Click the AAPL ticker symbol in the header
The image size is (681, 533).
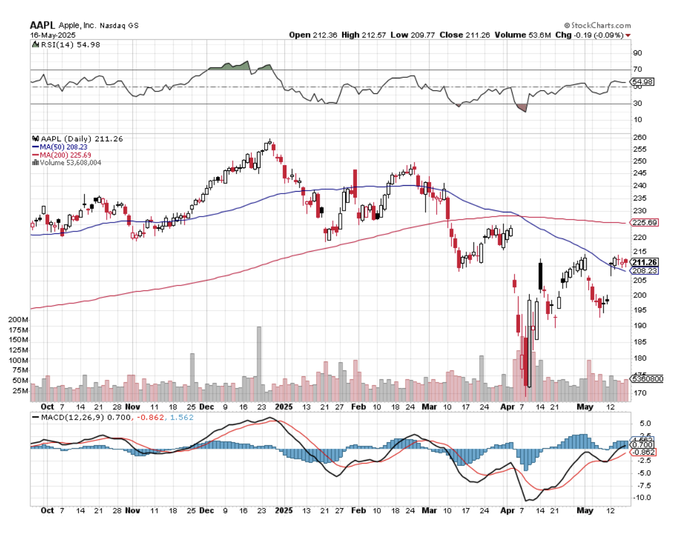click(x=43, y=26)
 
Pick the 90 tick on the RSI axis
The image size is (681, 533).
click(x=638, y=53)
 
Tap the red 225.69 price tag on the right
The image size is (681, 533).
click(x=643, y=223)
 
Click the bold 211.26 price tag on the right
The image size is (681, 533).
click(x=643, y=262)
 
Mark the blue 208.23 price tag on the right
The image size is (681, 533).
click(x=643, y=270)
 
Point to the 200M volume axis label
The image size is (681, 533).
click(x=17, y=319)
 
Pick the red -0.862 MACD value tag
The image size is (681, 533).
click(x=643, y=452)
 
